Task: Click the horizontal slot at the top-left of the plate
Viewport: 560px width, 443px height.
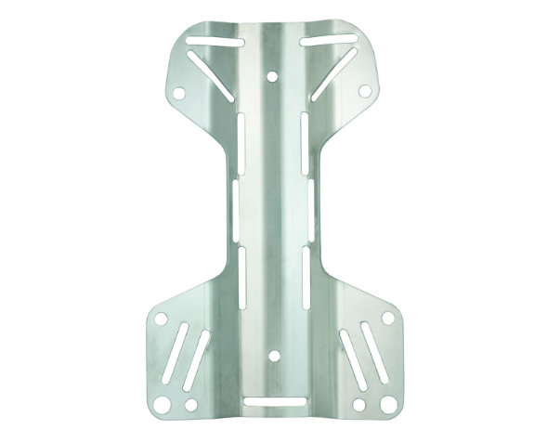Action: point(215,41)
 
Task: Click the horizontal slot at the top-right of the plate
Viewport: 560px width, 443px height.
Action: point(328,41)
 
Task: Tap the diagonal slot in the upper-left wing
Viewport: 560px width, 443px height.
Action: point(211,73)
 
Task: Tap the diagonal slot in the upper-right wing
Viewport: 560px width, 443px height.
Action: point(333,73)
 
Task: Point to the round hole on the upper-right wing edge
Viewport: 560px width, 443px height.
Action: point(365,91)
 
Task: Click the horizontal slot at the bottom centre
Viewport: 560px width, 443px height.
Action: point(271,402)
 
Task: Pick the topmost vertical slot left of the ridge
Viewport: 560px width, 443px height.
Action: point(240,136)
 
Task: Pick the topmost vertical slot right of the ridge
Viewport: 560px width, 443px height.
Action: point(305,136)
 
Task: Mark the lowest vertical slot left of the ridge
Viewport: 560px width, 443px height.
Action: point(241,277)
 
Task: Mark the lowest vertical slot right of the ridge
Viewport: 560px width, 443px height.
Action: point(305,277)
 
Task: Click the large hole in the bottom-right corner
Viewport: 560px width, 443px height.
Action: point(387,404)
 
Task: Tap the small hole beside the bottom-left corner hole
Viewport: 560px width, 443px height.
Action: point(190,405)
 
